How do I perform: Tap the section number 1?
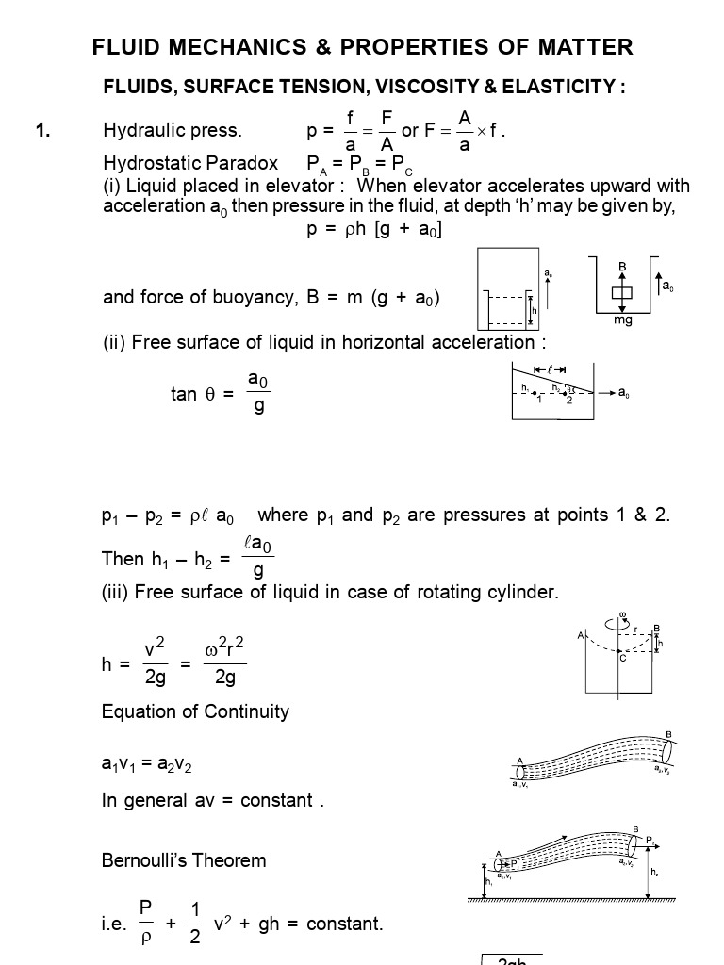point(42,130)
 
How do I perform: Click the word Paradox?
point(246,163)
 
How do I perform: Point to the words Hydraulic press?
point(173,130)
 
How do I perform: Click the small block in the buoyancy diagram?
point(622,292)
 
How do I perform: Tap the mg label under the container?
point(622,320)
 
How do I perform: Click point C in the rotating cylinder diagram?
point(622,658)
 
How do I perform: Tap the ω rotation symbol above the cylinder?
point(622,616)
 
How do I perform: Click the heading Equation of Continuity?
point(195,711)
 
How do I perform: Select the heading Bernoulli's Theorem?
point(184,860)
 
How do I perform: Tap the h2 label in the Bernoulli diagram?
point(654,873)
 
